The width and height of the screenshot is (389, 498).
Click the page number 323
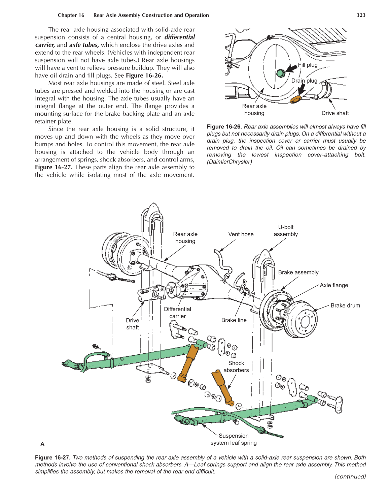click(361, 15)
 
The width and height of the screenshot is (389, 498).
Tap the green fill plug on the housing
click(281, 73)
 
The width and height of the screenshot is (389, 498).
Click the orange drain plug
click(295, 99)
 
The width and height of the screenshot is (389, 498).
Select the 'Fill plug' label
click(308, 65)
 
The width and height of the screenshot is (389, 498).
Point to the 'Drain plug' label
click(304, 81)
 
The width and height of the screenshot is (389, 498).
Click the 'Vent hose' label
click(241, 234)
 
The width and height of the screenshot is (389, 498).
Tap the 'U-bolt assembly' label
click(286, 231)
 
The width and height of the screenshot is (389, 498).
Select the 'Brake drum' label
click(345, 305)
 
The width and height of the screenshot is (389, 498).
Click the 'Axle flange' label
click(334, 285)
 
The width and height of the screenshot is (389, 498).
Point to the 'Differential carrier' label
click(177, 313)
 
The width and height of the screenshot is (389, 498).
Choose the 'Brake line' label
click(234, 320)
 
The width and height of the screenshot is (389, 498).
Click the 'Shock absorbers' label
click(236, 367)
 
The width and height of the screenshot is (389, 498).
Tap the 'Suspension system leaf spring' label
click(234, 439)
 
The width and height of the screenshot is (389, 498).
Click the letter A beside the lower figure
click(42, 444)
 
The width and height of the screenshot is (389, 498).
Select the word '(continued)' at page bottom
click(350, 476)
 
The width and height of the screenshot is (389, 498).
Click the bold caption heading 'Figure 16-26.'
click(224, 127)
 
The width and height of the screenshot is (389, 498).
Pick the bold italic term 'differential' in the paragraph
click(180, 37)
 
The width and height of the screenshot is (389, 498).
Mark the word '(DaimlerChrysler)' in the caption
click(229, 162)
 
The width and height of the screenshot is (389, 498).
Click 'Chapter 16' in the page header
click(71, 15)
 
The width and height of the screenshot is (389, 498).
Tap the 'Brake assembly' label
click(298, 272)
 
